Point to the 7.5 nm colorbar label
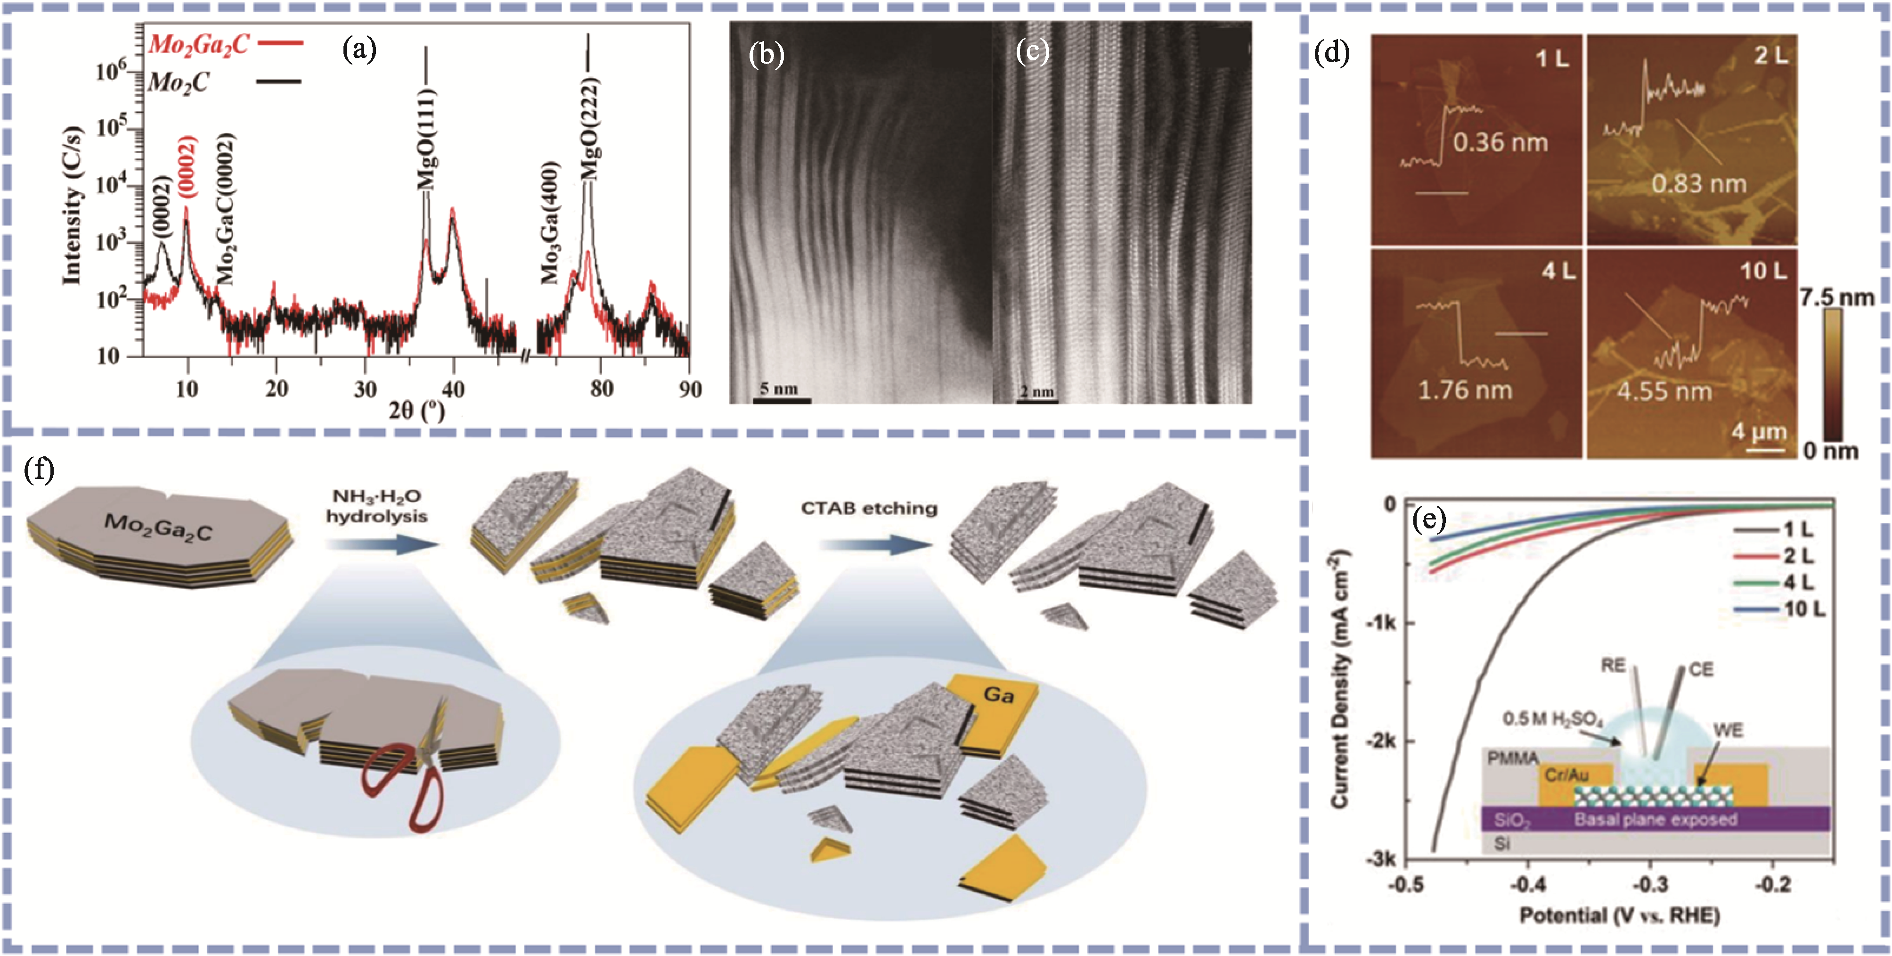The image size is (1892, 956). point(1836,297)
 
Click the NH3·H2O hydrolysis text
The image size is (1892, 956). point(376,507)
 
